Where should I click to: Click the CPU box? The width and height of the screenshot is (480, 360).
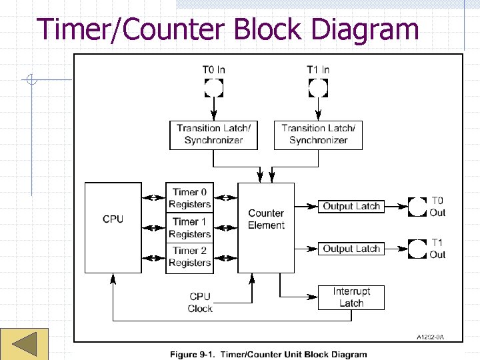click(x=113, y=227)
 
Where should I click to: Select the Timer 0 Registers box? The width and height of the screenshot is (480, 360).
click(x=189, y=198)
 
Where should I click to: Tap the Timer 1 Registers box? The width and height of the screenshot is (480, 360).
click(x=189, y=227)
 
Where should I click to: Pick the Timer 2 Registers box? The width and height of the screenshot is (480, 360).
click(x=189, y=257)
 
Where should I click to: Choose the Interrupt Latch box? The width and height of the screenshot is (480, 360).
click(x=351, y=297)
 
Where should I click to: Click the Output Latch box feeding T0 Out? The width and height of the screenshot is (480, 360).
click(x=351, y=207)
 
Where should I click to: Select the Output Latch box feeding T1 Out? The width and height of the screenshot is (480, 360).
click(x=351, y=249)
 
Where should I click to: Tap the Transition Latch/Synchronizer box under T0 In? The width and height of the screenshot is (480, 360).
click(x=213, y=134)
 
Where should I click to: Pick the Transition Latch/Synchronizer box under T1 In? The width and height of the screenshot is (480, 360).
click(x=318, y=134)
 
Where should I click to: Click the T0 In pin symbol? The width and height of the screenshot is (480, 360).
click(x=213, y=87)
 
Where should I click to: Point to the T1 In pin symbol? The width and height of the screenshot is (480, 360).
click(x=318, y=87)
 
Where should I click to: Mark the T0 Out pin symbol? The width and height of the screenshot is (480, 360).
click(x=417, y=207)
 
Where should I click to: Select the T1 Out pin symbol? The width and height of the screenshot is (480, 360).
click(x=417, y=249)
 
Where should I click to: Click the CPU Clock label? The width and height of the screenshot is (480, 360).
click(x=200, y=303)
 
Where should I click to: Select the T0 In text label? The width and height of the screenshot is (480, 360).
click(x=213, y=69)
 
